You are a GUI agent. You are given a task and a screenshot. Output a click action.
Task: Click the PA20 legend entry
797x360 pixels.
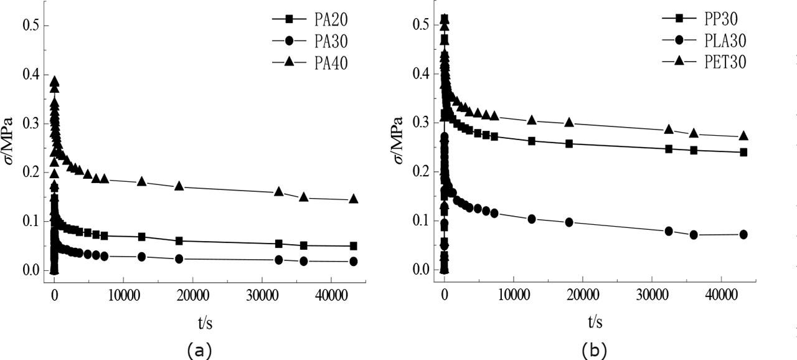(x=309, y=19)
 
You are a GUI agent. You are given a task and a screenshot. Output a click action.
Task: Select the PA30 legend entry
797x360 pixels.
(x=309, y=41)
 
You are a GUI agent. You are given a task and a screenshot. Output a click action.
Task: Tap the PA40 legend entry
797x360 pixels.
(x=309, y=63)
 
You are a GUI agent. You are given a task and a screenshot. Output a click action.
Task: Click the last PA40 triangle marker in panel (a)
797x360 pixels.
(x=354, y=199)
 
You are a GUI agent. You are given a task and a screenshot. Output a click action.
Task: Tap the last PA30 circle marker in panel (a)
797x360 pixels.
(x=354, y=262)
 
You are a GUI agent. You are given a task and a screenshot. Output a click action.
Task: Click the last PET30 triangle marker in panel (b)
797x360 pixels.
(x=743, y=136)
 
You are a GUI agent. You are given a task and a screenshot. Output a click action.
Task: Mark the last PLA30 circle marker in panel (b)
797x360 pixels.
(x=743, y=235)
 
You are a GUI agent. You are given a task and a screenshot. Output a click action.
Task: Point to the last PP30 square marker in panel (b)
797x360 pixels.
(x=743, y=152)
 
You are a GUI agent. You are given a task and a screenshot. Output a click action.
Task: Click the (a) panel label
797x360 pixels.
(x=199, y=350)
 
